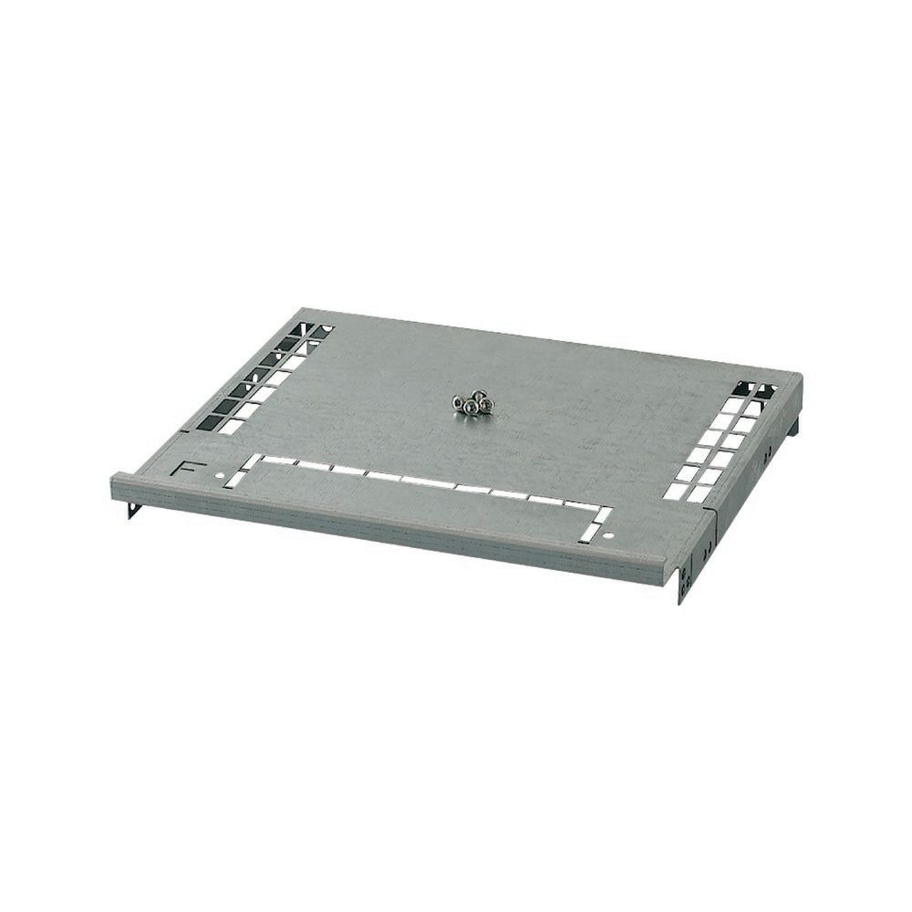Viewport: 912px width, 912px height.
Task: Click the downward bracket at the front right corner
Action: click(x=681, y=584)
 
